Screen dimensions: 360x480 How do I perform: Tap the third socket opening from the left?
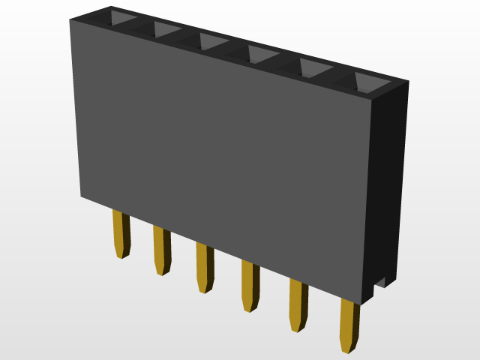(213, 42)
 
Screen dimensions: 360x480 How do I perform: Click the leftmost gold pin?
(121, 233)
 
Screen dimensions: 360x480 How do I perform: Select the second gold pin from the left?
(161, 250)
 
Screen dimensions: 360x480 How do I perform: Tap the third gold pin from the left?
(204, 267)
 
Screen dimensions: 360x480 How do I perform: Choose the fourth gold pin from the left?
(250, 285)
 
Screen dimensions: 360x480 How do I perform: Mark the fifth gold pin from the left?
(298, 304)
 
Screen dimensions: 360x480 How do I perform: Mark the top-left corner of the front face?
(71, 21)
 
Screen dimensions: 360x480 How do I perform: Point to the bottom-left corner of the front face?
(82, 196)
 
